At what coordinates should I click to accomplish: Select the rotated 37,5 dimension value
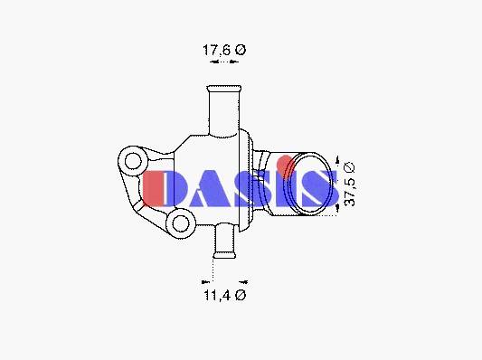(350, 192)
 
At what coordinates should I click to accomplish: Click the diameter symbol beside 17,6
(241, 50)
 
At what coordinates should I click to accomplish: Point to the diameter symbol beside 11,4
(241, 295)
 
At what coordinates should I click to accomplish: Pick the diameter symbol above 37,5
(350, 167)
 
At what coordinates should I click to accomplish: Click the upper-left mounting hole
(133, 161)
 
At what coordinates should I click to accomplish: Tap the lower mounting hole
(181, 223)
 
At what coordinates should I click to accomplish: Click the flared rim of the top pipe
(224, 89)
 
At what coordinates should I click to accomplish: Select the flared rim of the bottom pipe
(224, 255)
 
